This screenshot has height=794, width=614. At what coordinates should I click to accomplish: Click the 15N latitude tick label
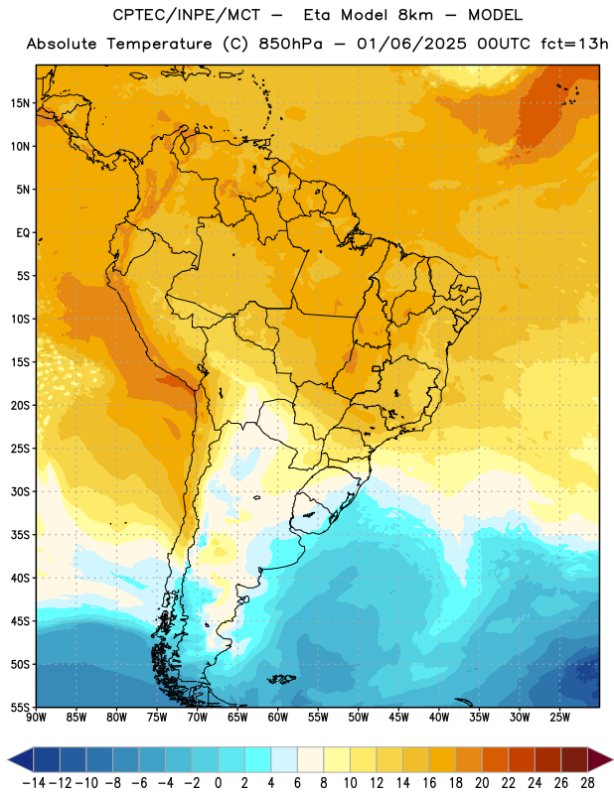20,103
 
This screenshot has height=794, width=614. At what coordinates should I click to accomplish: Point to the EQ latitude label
23,233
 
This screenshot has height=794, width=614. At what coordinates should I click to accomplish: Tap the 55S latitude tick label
20,707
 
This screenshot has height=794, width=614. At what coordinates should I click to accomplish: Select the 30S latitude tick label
20,491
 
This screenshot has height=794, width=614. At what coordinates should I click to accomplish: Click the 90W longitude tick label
36,718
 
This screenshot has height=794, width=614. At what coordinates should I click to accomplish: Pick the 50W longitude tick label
359,718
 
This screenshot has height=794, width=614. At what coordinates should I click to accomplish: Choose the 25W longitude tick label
559,718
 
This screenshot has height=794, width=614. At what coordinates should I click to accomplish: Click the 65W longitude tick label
237,718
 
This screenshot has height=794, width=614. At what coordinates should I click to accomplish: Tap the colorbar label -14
34,783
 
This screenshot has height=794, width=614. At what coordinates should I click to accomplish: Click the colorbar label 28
588,783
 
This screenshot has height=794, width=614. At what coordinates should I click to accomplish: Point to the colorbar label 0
219,783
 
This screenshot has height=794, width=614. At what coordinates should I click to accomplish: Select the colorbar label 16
429,783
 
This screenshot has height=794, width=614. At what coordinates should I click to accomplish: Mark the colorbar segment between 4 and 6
284,759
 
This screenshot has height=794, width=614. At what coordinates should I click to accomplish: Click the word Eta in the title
317,15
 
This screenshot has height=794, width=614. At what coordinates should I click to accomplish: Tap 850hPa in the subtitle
290,44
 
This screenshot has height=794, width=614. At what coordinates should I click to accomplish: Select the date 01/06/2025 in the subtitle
411,44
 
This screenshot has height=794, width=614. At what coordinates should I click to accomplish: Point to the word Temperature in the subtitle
159,45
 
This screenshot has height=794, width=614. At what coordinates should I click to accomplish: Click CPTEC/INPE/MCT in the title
187,15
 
